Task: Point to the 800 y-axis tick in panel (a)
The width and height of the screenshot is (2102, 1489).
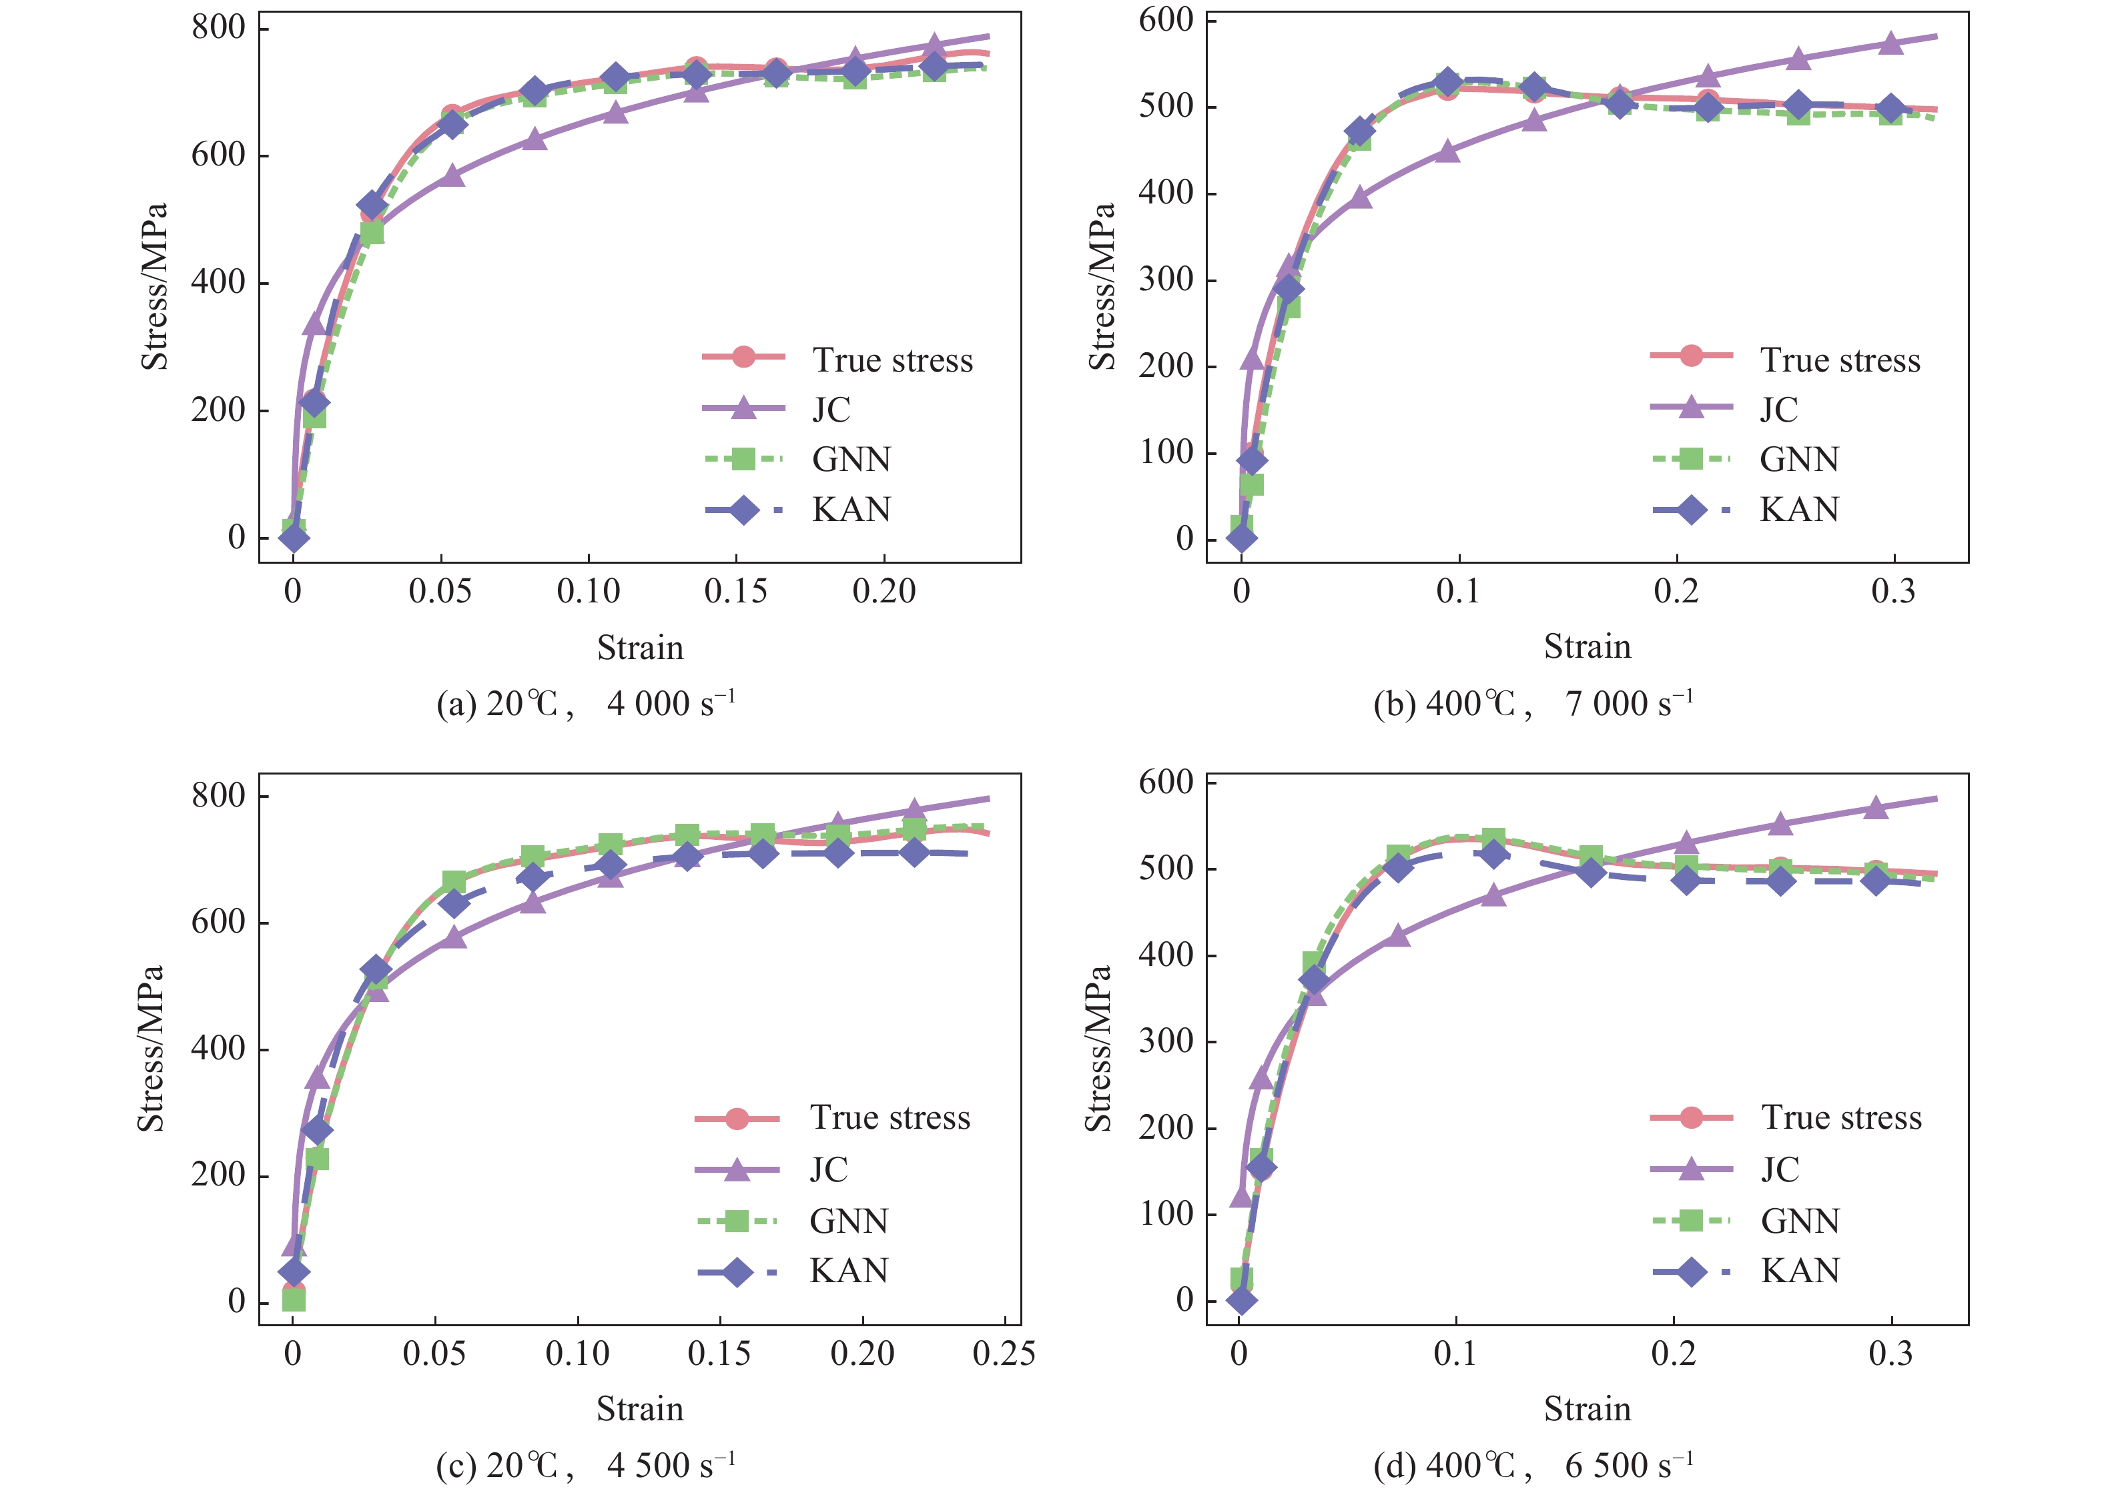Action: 218,29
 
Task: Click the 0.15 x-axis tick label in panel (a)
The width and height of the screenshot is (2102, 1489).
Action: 735,591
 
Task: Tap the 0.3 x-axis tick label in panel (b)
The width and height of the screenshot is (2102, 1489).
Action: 1894,591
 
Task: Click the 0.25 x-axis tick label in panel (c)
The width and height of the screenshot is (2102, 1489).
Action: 1004,1354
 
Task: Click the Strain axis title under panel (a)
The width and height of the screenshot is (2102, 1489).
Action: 640,647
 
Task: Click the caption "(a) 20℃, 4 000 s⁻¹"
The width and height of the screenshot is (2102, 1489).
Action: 586,703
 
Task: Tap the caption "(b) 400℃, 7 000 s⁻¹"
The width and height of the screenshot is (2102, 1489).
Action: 1533,703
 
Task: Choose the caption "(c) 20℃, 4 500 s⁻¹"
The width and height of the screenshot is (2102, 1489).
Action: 586,1465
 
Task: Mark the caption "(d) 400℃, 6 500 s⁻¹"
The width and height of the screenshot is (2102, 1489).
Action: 1533,1465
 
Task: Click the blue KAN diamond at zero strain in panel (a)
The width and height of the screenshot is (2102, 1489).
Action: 294,536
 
